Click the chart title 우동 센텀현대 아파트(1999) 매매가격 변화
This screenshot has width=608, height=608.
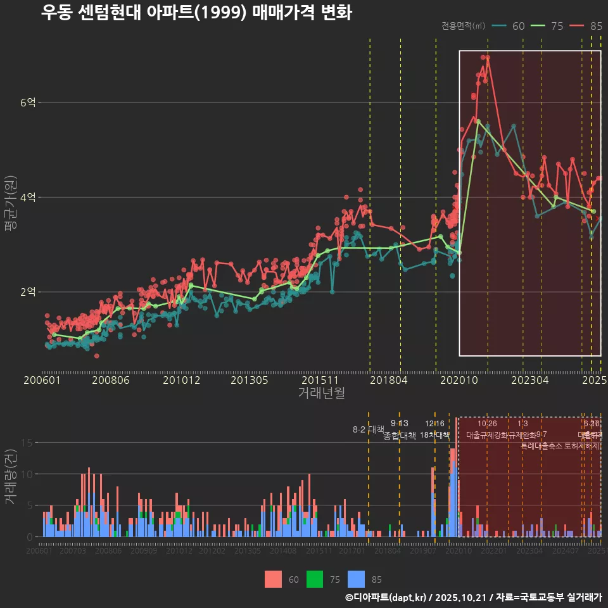point(196,12)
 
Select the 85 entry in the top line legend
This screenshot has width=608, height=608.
point(595,26)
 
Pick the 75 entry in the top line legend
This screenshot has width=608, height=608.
point(557,26)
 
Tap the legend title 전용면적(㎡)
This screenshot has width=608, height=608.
point(464,26)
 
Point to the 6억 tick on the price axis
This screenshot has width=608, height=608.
point(28,103)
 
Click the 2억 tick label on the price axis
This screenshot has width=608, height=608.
point(28,292)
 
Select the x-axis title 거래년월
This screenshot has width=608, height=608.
point(322,393)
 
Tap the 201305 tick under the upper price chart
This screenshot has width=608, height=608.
point(249,380)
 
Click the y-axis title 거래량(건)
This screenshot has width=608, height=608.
point(10,477)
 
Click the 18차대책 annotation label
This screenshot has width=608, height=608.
point(434,434)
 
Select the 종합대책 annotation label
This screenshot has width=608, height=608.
point(400,436)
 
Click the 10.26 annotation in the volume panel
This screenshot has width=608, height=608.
point(487,424)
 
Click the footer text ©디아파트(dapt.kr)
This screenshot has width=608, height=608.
point(386,597)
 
